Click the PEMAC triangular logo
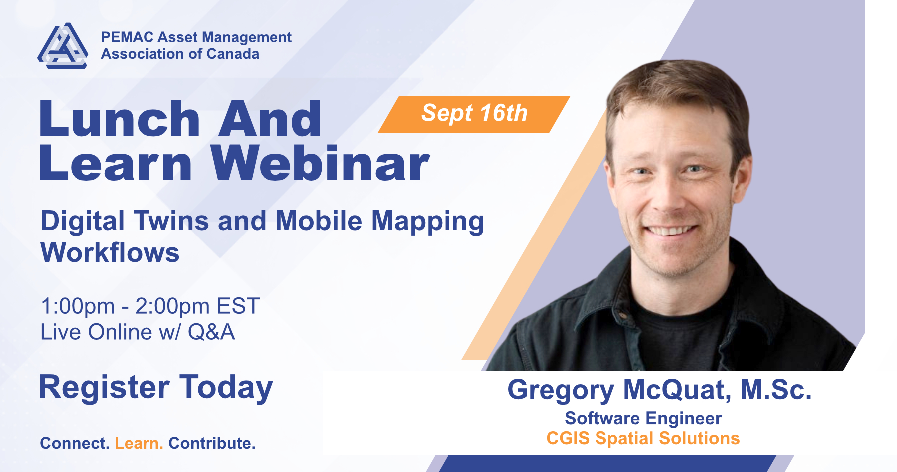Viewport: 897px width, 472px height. [63, 46]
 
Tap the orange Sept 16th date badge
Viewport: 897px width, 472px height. [474, 114]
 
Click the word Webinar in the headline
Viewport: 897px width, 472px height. [319, 163]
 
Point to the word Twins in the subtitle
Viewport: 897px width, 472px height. [171, 221]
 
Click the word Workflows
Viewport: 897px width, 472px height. [110, 252]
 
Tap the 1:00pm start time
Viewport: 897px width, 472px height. [78, 306]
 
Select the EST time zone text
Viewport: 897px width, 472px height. [238, 306]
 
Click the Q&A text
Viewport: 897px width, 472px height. [211, 332]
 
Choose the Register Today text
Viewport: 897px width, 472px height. [156, 387]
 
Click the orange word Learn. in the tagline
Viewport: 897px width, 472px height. [139, 443]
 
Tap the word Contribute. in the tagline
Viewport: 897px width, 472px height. [212, 443]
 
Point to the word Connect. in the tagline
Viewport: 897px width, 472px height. [75, 443]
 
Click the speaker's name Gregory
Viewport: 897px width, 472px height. [561, 390]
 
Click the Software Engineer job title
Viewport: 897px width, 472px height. [643, 418]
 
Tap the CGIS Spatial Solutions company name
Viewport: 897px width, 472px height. [643, 438]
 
